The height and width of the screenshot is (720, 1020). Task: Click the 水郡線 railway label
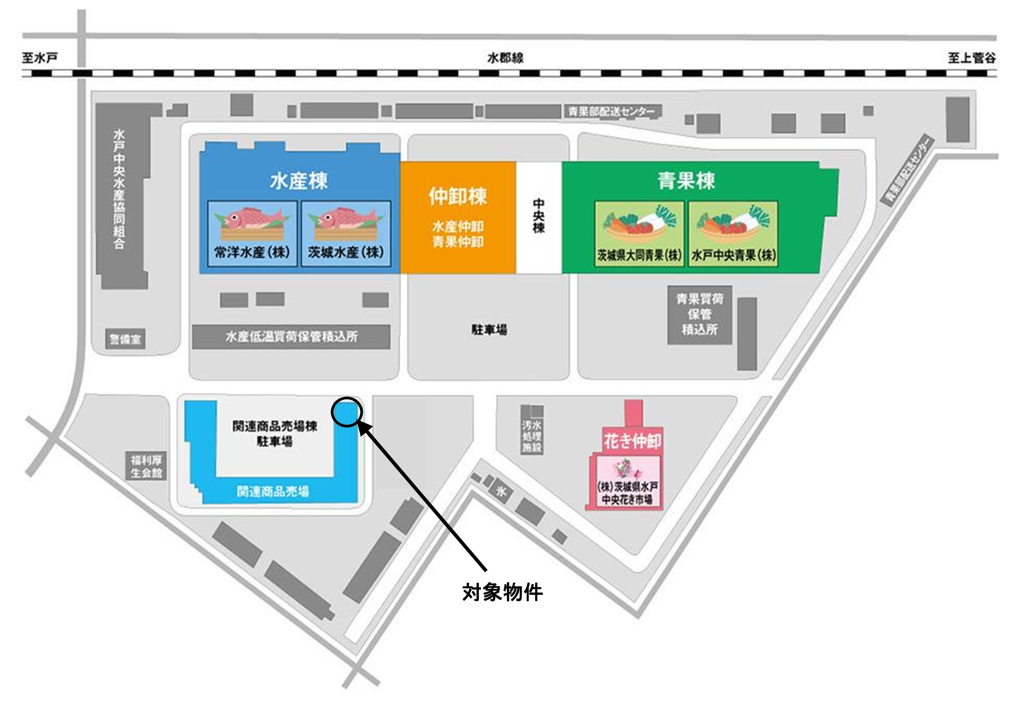click(x=505, y=58)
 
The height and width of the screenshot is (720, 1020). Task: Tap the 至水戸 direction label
click(x=40, y=58)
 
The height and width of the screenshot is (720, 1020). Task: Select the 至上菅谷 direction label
click(x=971, y=58)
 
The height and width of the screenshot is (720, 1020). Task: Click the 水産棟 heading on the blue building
click(x=299, y=181)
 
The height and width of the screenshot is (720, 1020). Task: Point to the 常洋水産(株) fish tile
click(x=252, y=234)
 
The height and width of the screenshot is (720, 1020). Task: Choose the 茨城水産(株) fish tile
click(x=346, y=234)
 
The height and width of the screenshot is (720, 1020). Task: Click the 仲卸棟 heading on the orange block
click(x=458, y=196)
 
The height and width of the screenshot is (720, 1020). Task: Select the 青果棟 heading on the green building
click(x=686, y=181)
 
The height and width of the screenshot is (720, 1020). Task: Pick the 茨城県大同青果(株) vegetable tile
click(x=639, y=234)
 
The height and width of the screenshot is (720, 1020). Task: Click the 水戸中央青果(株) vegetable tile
click(x=733, y=234)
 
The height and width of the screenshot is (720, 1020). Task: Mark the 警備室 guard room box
click(x=125, y=340)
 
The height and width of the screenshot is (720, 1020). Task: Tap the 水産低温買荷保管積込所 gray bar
click(x=291, y=337)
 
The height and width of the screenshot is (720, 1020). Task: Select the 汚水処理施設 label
click(x=532, y=436)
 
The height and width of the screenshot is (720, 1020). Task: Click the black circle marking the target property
click(x=347, y=412)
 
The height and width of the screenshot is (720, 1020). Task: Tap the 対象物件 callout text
click(x=502, y=592)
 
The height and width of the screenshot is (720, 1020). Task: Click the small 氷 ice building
click(x=502, y=492)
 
